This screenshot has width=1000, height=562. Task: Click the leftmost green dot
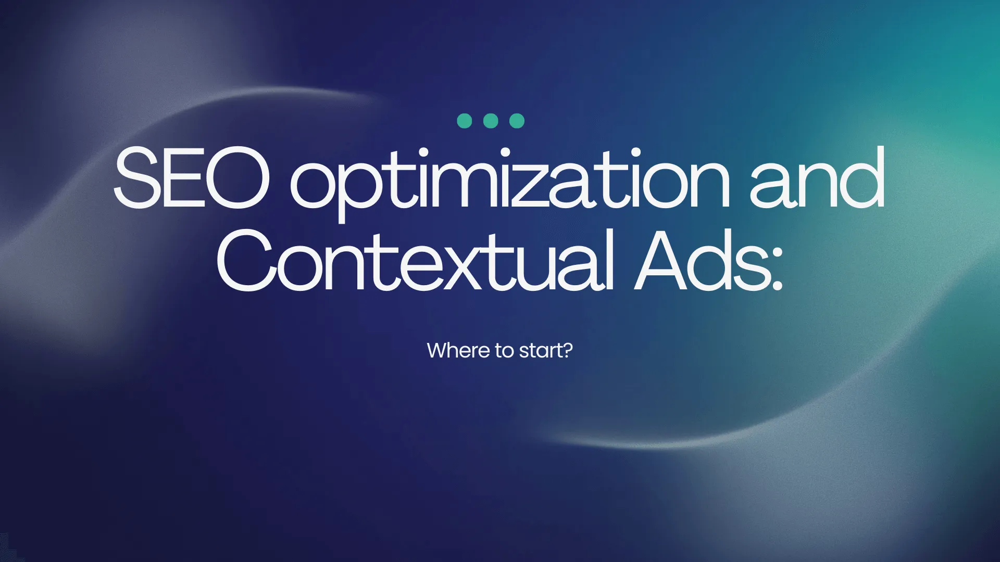tap(464, 121)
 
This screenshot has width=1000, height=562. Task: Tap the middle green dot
tap(491, 121)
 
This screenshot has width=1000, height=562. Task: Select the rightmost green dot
tap(517, 121)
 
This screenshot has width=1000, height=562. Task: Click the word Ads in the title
tap(701, 260)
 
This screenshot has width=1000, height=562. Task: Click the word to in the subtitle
tap(505, 351)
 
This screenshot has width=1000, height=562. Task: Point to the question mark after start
tap(567, 350)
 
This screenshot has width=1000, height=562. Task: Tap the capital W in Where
tap(439, 351)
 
